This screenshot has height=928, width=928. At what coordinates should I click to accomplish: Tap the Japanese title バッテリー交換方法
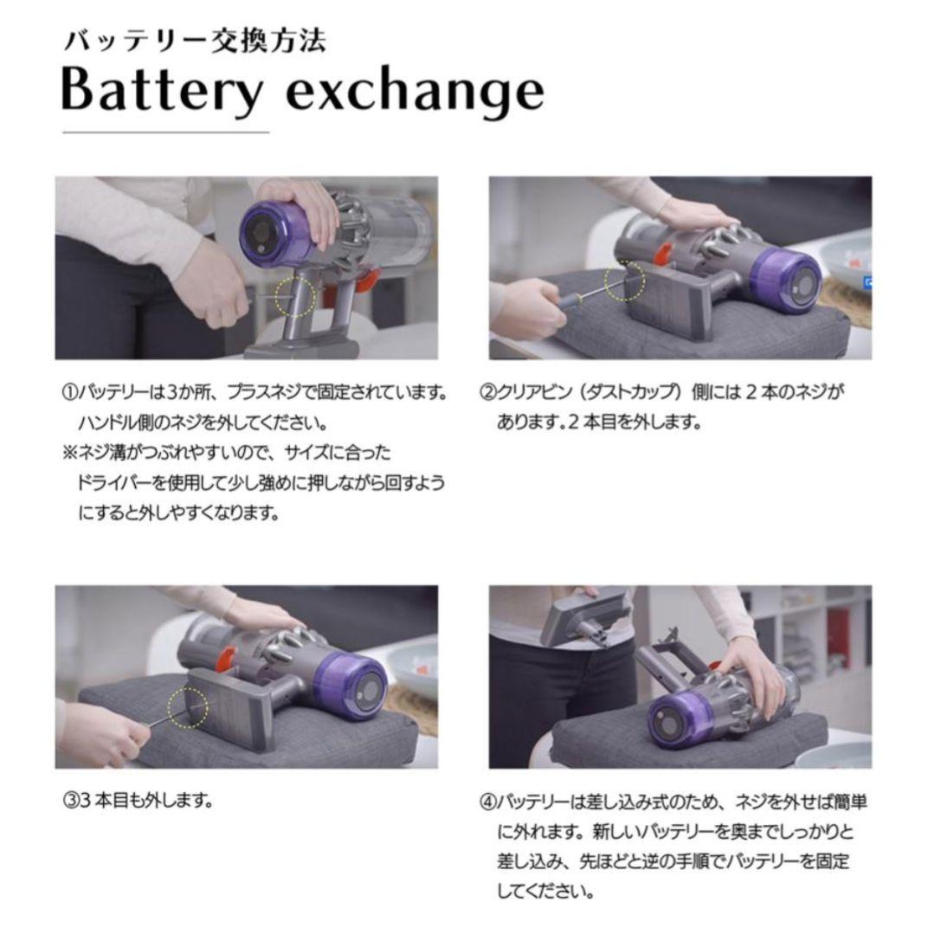[194, 41]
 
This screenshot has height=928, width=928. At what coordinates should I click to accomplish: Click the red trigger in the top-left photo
[365, 279]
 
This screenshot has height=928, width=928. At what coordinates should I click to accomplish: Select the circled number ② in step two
[487, 393]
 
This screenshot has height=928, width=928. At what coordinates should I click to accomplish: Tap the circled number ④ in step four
[487, 801]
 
